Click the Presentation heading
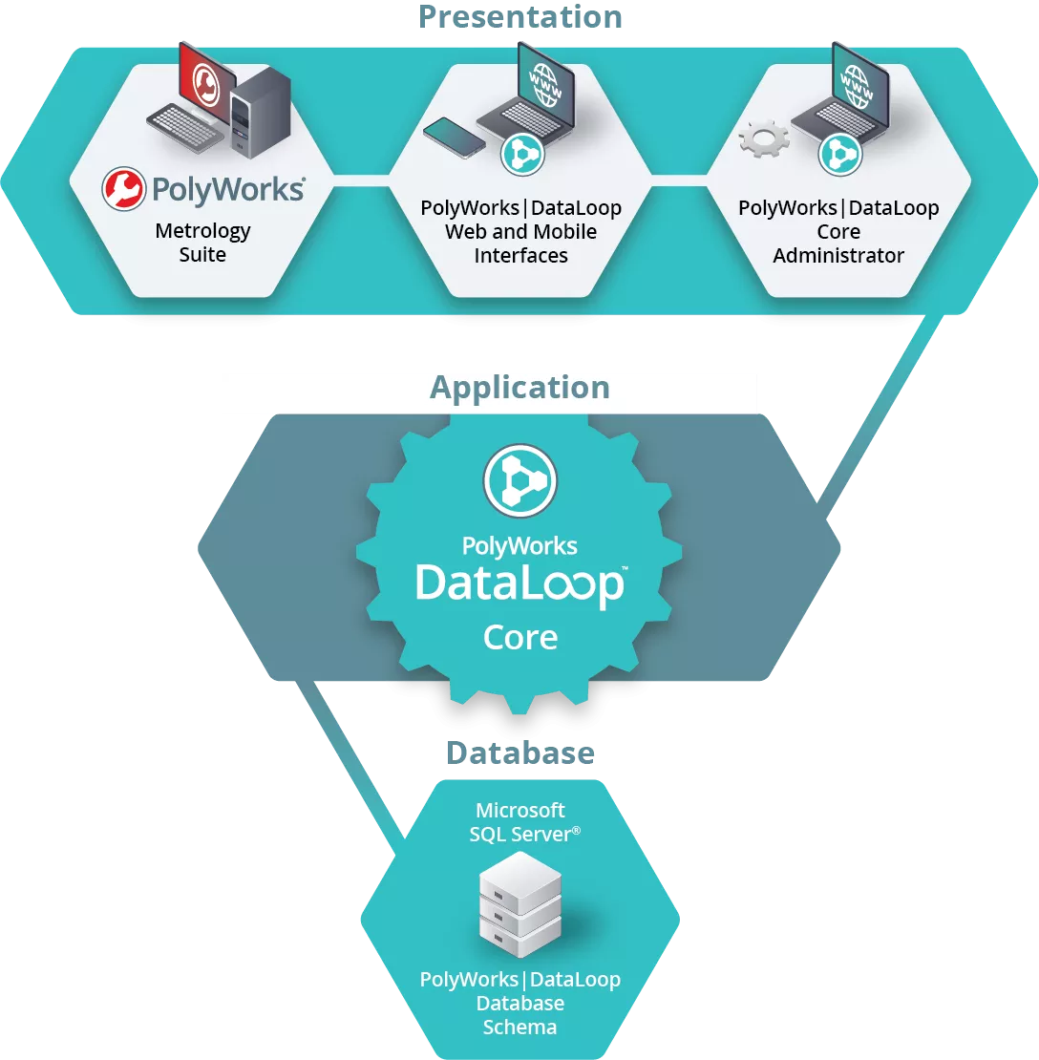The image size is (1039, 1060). [x=519, y=17]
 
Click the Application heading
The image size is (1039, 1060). [x=519, y=388]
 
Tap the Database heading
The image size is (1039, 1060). [x=520, y=753]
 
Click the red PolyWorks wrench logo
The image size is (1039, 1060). [x=124, y=189]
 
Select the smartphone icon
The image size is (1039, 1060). [x=455, y=138]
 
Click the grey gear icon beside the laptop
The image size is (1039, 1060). [x=764, y=138]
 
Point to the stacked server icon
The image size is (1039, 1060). [x=520, y=904]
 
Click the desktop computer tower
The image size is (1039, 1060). [x=261, y=112]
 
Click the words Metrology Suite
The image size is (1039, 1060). [x=202, y=243]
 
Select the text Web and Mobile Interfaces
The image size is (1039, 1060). [x=520, y=244]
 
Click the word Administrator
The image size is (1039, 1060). [x=838, y=256]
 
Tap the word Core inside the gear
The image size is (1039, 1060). [x=520, y=638]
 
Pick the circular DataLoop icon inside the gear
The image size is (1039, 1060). [x=520, y=480]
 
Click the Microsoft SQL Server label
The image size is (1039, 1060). [x=524, y=822]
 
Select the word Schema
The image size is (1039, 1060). [x=519, y=1028]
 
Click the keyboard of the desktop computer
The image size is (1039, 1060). [x=184, y=129]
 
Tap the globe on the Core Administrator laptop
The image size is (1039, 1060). [x=857, y=87]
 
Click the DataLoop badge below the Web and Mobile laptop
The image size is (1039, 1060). [x=522, y=154]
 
